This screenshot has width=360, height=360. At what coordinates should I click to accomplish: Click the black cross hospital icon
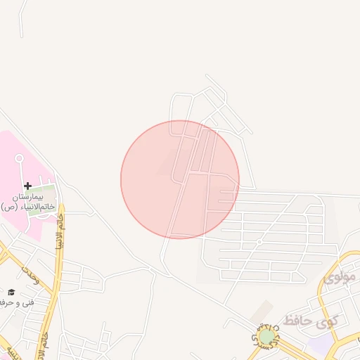[x=27, y=186]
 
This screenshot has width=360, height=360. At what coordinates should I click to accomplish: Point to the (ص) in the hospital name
[x=8, y=207]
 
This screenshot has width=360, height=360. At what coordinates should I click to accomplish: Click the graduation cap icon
[x=11, y=292]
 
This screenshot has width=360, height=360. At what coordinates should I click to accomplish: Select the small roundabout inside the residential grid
[x=259, y=242]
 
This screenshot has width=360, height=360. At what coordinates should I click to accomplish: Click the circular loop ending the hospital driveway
[x=19, y=158]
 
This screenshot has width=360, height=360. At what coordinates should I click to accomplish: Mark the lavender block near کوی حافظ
[x=320, y=343]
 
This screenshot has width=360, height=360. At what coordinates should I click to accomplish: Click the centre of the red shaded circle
[x=180, y=179]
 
